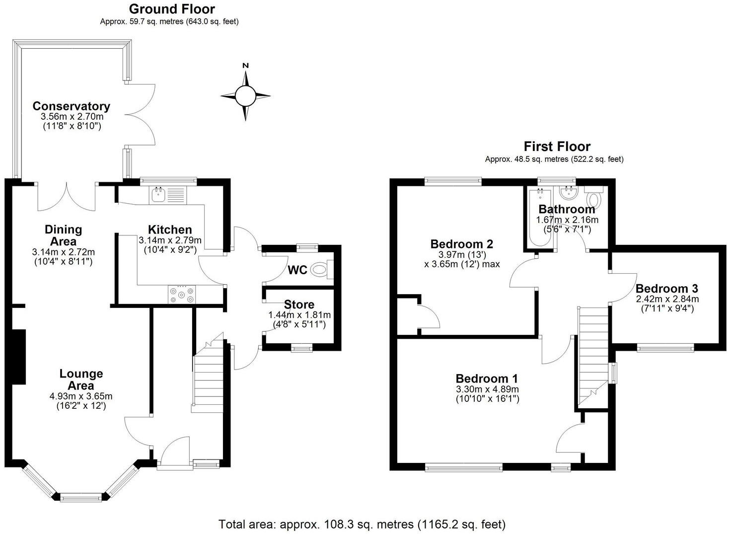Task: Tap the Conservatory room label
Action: (x=72, y=106)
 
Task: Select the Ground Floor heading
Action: (x=172, y=9)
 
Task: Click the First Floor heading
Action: (x=557, y=147)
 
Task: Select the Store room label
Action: (x=299, y=305)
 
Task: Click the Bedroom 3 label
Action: (x=667, y=289)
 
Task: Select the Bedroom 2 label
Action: (x=461, y=244)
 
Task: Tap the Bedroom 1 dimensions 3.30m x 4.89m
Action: (x=487, y=389)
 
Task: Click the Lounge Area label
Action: (x=81, y=380)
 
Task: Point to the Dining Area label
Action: (x=63, y=235)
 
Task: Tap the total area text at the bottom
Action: (x=362, y=524)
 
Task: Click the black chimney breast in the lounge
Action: (x=19, y=357)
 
